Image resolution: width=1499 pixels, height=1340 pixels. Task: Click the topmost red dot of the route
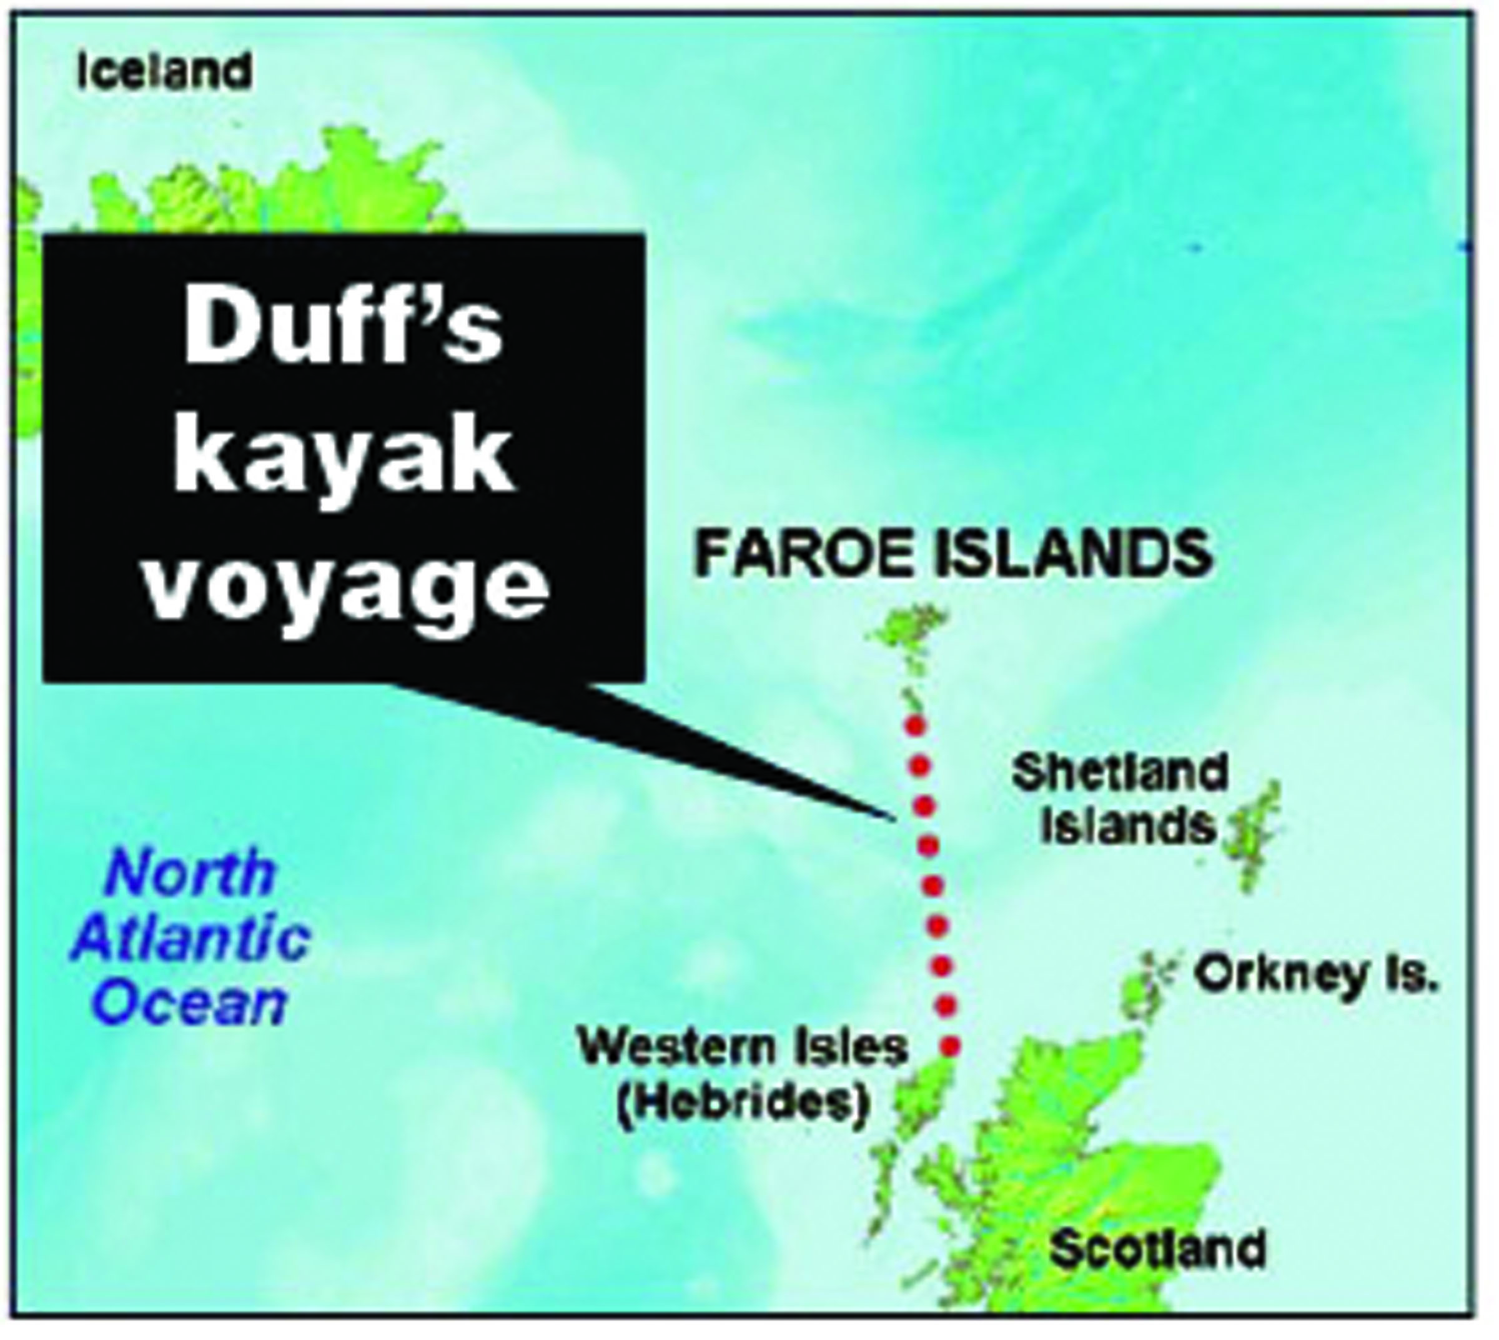[915, 725]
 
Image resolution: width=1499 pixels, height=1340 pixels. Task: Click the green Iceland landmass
[294, 191]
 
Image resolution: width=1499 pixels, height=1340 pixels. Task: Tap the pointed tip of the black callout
[893, 818]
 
